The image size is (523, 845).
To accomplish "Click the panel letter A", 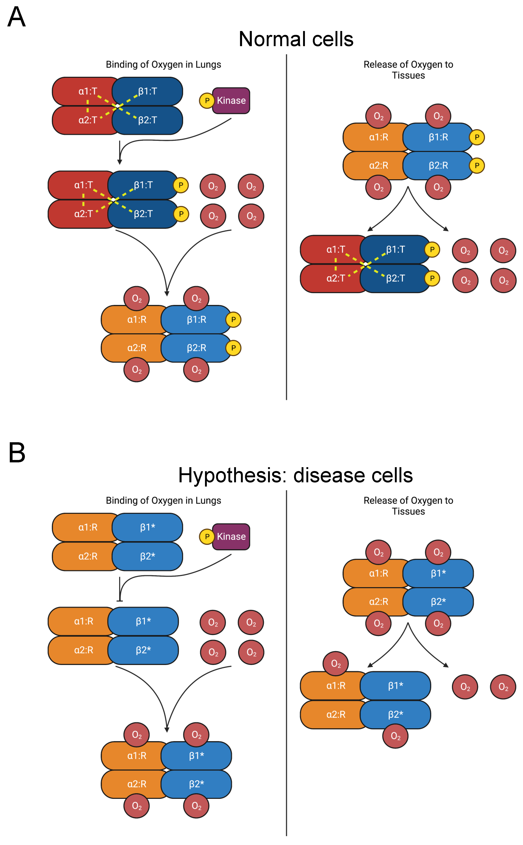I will [16, 17].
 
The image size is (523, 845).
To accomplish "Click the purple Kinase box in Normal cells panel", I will [231, 100].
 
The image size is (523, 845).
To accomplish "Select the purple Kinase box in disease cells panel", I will [231, 536].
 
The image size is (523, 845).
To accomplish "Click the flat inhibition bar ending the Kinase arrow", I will [120, 600].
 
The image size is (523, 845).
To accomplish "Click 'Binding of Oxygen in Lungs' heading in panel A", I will [163, 64].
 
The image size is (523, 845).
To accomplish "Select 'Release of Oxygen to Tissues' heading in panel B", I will [408, 506].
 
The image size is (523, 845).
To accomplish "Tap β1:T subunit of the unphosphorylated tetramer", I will [148, 91].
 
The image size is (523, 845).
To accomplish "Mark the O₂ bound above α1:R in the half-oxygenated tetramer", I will [336, 664].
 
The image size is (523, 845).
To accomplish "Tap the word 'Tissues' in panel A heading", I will [408, 75].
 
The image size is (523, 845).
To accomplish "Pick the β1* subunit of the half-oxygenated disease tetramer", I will [395, 685].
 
